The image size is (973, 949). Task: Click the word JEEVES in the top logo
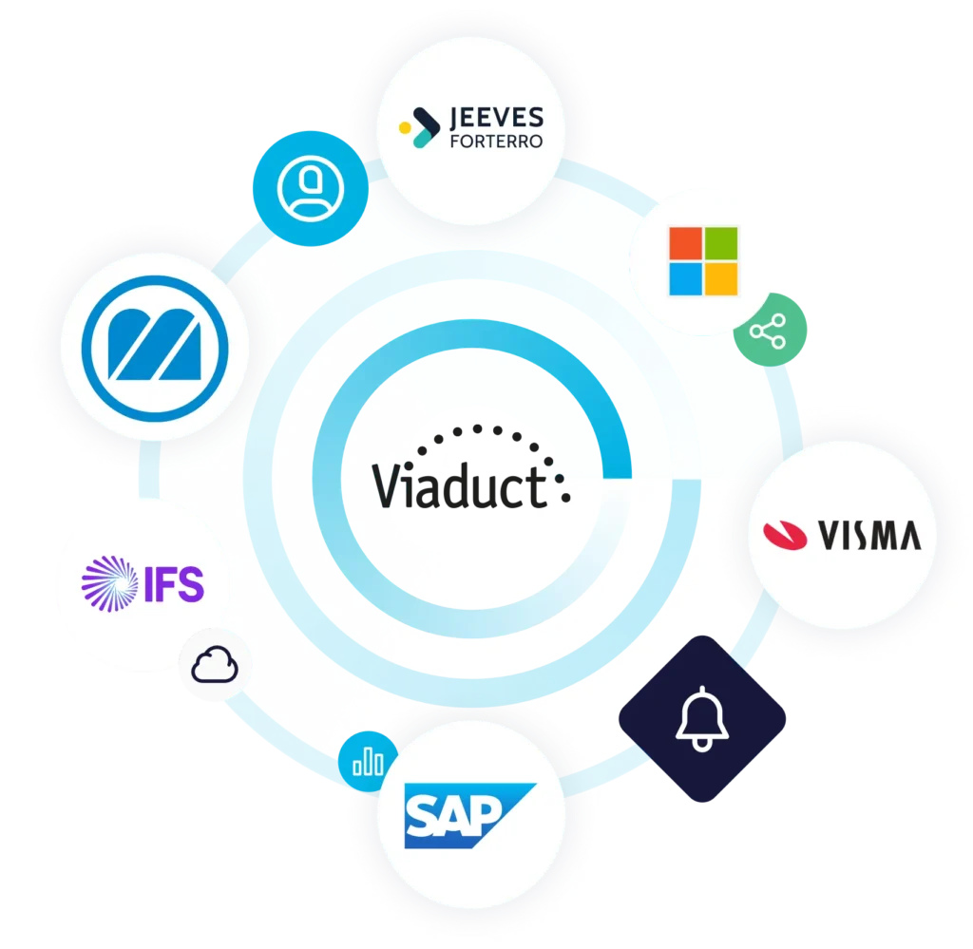point(484,118)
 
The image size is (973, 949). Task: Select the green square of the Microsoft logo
point(721,242)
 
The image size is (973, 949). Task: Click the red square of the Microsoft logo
point(686,242)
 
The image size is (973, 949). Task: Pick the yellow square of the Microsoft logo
point(721,278)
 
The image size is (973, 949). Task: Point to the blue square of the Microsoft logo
point(686,278)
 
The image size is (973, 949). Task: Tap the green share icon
point(770,330)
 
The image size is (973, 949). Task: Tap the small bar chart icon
point(368,761)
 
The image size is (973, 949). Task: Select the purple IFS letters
point(174,582)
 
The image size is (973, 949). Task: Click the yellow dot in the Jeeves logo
point(404,125)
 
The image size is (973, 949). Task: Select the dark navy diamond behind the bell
point(704,717)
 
